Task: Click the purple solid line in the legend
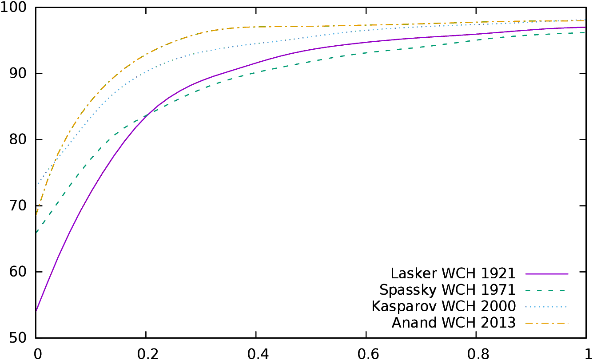coord(547,274)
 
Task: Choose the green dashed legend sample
coord(545,291)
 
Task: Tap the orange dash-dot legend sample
coord(547,323)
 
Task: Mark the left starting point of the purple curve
coord(36,310)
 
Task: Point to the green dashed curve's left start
coord(36,232)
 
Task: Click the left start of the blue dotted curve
coord(36,187)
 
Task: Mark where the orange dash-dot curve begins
coord(36,215)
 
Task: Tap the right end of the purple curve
coord(585,27)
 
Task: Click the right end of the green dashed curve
coord(585,32)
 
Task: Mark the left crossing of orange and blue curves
coord(57,157)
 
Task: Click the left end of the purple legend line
coord(526,274)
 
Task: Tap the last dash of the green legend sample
coord(562,291)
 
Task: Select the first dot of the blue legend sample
coord(526,307)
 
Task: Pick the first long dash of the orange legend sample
coord(529,323)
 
